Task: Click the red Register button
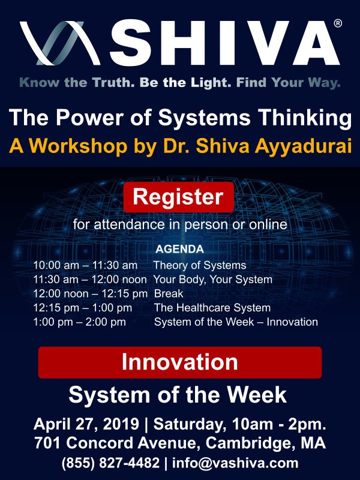click(179, 197)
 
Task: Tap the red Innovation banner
click(180, 362)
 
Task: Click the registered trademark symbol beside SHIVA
click(338, 23)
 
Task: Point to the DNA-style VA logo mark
click(60, 43)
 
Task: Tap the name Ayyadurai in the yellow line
click(303, 146)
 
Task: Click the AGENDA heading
click(179, 249)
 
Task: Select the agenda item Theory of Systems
click(200, 265)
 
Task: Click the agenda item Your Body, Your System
click(213, 280)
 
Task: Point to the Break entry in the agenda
click(169, 293)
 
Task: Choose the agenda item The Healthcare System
click(212, 308)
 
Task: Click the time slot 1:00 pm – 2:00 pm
click(80, 322)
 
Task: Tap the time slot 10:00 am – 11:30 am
click(85, 265)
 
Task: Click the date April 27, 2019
click(86, 424)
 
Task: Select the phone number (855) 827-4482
click(110, 463)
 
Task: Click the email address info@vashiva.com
click(235, 463)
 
